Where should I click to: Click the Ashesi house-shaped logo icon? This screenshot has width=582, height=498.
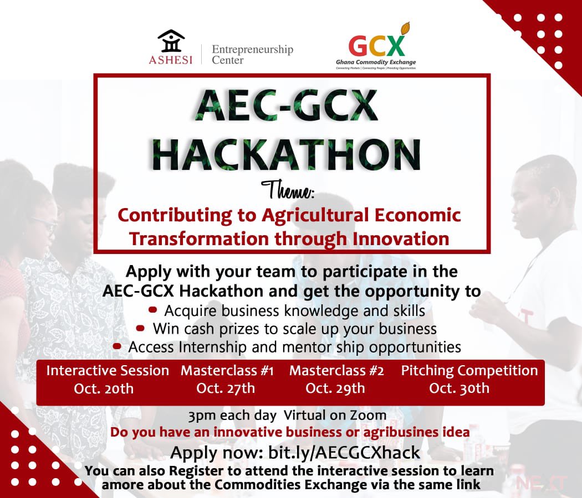171,41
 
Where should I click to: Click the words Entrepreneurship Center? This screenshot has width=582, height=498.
252,54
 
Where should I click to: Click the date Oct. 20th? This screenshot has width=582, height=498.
104,388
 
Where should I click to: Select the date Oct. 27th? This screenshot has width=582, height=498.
226,388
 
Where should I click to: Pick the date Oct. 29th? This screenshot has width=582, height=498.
335,388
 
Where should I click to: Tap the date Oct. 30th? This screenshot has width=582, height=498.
459,388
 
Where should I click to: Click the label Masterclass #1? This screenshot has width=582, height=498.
227,371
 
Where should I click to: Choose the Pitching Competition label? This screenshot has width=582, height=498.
469,371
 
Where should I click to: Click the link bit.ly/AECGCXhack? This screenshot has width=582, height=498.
344,453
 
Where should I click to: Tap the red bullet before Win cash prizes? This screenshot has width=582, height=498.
141,328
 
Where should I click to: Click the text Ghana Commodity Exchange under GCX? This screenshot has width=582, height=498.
376,63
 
